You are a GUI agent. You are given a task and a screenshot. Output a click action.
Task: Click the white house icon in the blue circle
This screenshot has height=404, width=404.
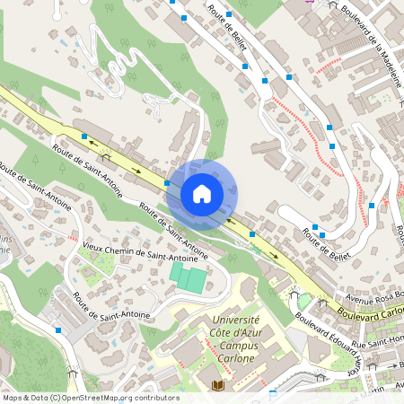[x=202, y=193]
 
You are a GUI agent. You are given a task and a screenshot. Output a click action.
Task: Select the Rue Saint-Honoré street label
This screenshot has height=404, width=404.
[x=377, y=344]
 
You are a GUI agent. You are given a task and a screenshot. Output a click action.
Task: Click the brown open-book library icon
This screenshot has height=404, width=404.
[x=216, y=386]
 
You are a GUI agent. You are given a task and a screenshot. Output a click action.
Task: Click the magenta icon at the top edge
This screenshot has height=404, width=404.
[x=311, y=3]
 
